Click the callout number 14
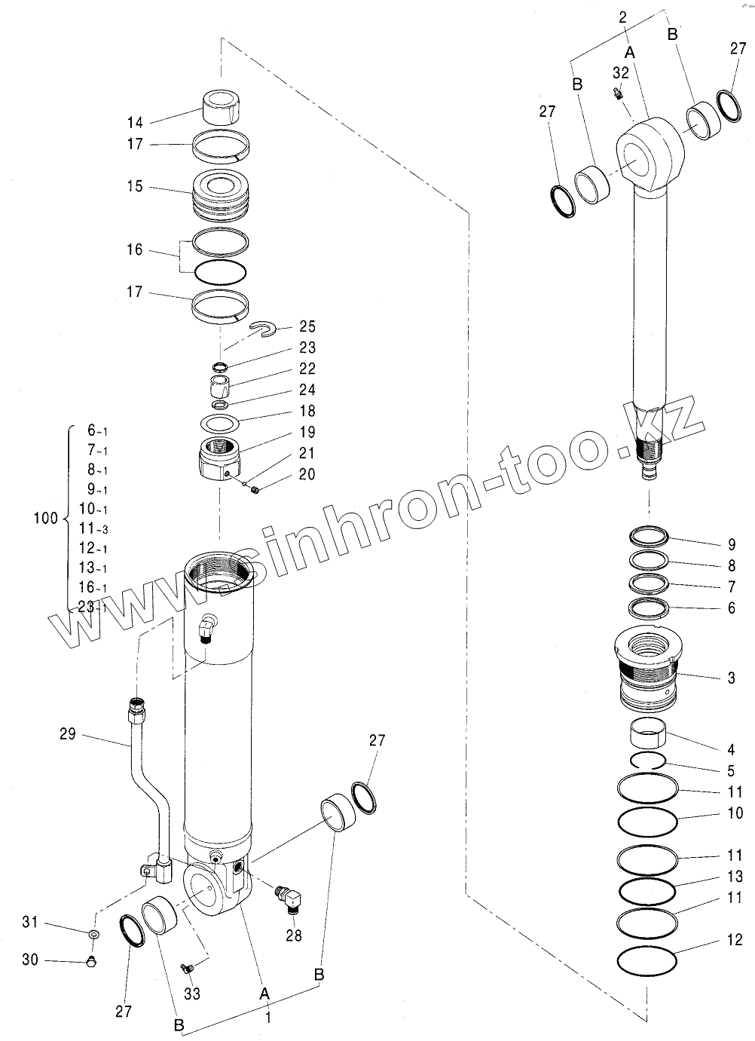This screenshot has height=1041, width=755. click(x=134, y=122)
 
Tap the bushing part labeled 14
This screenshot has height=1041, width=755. click(x=222, y=106)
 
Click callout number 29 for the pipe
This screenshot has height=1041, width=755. click(x=68, y=733)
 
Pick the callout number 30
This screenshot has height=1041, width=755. click(x=29, y=960)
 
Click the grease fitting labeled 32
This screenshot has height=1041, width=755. click(x=616, y=93)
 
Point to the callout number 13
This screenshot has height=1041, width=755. click(x=735, y=876)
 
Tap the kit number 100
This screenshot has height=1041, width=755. click(x=46, y=518)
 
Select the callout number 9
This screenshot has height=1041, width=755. click(x=731, y=544)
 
